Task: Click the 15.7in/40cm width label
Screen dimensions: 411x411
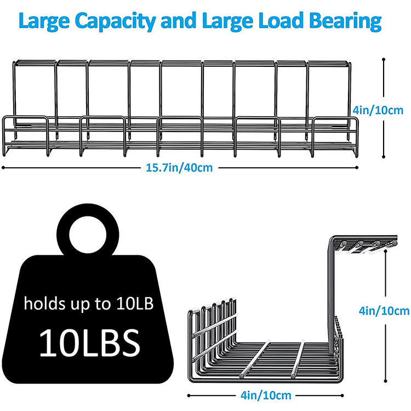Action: coord(179,168)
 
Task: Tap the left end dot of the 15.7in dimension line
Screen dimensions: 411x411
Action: coord(4,167)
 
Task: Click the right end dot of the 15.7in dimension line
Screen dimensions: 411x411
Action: coord(357,167)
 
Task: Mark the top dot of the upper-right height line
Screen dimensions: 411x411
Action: coord(384,59)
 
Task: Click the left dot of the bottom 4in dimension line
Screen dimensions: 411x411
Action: coord(190,395)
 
